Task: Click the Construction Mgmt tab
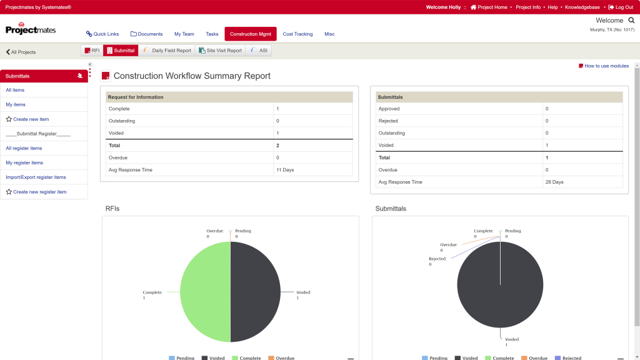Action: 250,34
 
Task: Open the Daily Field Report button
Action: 167,51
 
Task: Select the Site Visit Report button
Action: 221,51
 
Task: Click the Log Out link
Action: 621,7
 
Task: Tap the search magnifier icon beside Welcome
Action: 631,21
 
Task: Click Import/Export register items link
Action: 36,177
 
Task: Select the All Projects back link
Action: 21,52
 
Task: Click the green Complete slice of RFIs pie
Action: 205,292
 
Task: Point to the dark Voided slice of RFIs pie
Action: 256,292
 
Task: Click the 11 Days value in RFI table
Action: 285,170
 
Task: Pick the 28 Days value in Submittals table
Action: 554,182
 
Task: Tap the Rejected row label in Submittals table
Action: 387,121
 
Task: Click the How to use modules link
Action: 604,66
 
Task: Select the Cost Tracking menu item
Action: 297,34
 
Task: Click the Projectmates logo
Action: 31,29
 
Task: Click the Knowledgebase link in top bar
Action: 582,7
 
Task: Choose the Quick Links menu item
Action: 102,34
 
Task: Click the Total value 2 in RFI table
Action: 277,145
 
